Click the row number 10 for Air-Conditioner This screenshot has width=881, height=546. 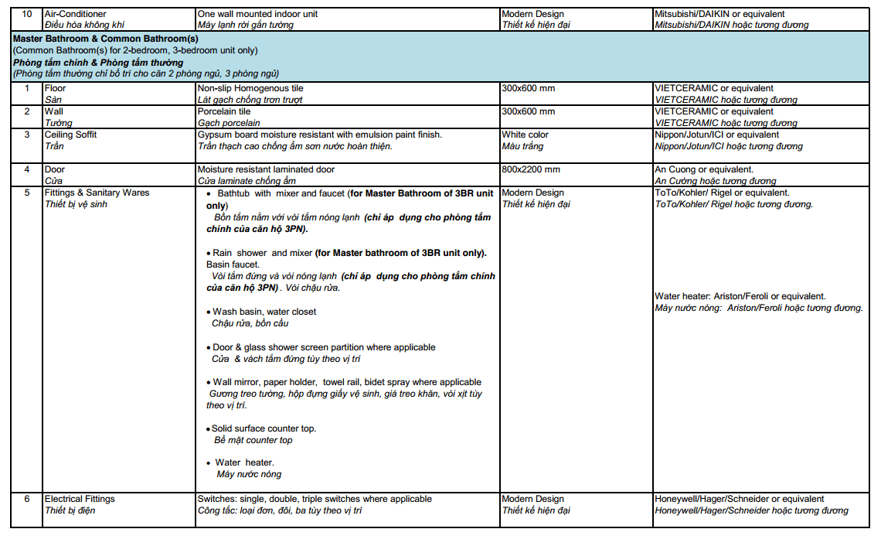26,14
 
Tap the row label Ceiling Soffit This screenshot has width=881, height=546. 70,135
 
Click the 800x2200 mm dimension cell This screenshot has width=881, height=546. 531,169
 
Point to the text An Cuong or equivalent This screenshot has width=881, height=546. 704,169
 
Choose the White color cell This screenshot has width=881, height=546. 525,135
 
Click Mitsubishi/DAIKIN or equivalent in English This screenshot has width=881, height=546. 719,14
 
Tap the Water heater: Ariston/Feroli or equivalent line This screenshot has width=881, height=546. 740,296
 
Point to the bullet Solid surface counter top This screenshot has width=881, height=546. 264,428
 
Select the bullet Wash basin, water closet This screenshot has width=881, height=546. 264,312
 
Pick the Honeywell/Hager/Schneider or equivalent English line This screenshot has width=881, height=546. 740,499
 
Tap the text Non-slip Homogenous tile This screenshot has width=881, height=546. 250,88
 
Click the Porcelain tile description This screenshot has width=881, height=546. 224,111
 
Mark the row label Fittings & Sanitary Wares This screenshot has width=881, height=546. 97,193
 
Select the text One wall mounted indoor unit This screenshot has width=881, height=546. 257,14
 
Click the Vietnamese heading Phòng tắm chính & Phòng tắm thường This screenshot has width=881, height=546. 98,62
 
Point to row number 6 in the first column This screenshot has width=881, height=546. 26,499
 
